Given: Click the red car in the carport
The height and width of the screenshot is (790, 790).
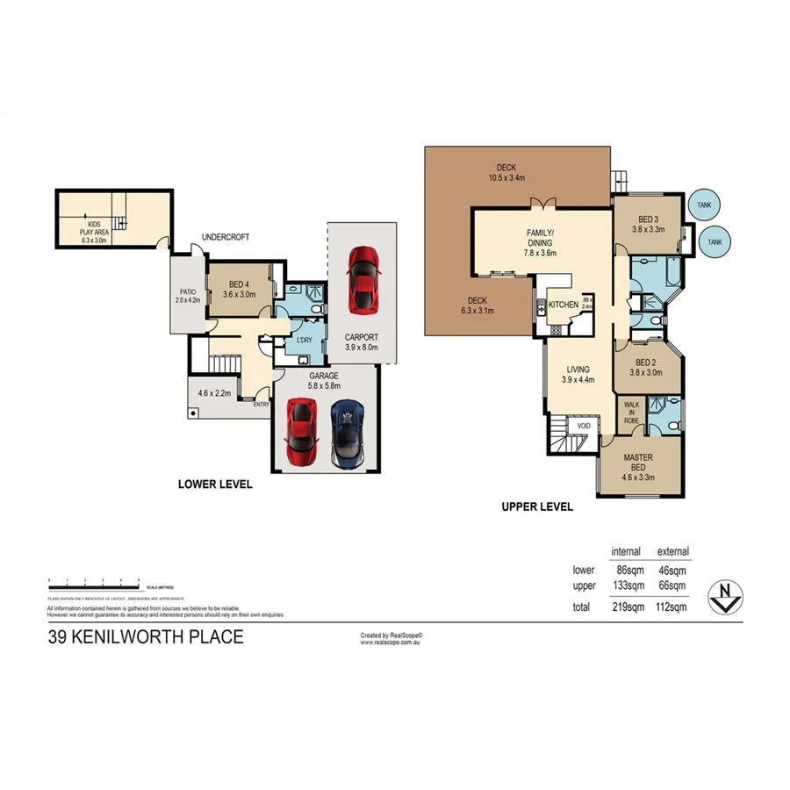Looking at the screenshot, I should coord(363,279).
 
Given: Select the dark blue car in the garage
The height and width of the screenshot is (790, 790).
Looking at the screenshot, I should coord(347,433).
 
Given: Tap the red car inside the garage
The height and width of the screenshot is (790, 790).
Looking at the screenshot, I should coord(301,433).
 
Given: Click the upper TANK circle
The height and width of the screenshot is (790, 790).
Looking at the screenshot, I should coord(704,205).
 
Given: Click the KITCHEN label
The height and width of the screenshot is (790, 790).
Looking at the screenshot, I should coord(563,305).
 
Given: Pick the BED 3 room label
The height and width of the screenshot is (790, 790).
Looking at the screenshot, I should coord(648,219).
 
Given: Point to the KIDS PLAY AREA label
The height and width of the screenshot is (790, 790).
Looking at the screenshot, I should coord(93,229).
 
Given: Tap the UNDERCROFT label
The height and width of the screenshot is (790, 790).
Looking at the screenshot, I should coord(226,237).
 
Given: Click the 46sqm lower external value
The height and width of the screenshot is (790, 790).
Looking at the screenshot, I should coord(671,570).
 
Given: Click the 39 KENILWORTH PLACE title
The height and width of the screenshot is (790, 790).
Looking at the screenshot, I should coord(145,637).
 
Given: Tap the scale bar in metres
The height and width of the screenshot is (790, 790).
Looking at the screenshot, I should coord(95,581).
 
